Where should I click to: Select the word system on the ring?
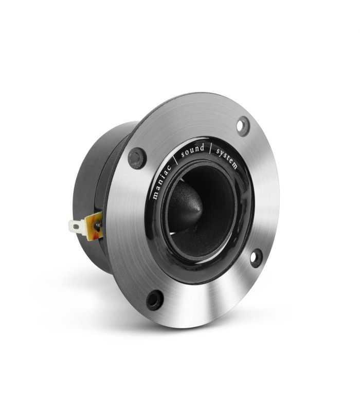(227, 158)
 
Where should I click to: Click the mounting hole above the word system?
(243, 125)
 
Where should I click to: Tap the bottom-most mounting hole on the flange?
(154, 300)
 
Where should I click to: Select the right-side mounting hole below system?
(256, 257)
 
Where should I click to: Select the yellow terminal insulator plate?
(94, 226)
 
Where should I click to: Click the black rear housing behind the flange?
(95, 175)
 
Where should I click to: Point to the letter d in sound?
(202, 147)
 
